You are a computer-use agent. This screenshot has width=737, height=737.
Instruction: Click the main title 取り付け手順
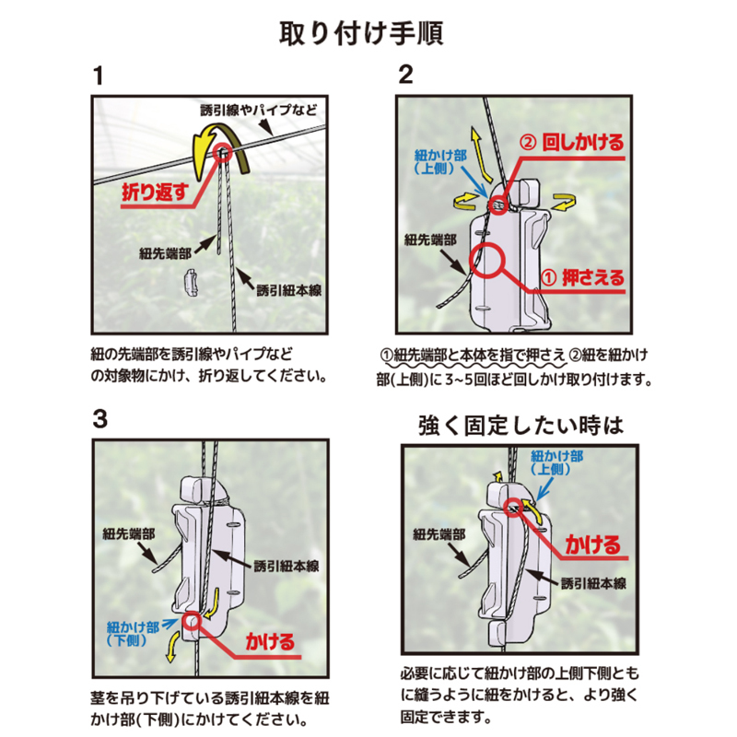click(361, 33)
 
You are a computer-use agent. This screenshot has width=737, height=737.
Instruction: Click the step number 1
click(99, 76)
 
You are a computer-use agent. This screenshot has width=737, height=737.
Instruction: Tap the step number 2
click(405, 75)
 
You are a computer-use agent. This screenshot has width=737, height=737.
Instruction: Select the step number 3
click(100, 419)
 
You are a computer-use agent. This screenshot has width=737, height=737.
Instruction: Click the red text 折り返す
click(155, 192)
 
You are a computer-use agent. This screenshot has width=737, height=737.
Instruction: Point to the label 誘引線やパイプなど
click(259, 111)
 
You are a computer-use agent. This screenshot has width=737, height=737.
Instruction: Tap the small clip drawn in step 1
click(191, 283)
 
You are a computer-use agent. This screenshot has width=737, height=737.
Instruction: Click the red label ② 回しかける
click(571, 142)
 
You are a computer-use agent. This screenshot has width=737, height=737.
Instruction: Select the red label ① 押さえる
click(583, 278)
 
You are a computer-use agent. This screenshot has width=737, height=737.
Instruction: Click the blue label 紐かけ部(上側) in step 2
click(440, 162)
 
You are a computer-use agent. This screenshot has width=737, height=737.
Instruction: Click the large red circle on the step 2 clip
click(487, 260)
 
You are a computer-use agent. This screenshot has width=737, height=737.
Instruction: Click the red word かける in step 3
click(270, 641)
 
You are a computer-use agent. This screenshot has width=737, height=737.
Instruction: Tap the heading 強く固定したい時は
click(521, 426)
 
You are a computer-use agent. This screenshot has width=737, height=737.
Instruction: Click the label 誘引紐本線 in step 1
click(289, 290)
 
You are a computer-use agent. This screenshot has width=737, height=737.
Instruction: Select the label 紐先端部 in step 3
click(128, 534)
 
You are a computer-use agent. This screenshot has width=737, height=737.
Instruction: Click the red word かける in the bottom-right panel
click(593, 544)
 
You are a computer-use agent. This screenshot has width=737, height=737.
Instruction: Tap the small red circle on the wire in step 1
click(223, 153)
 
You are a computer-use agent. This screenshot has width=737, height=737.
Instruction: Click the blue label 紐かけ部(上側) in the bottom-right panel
click(556, 462)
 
